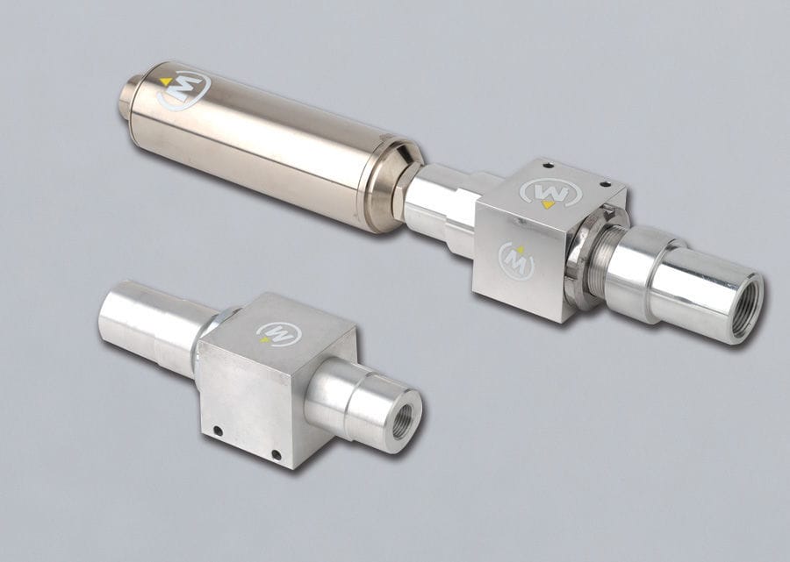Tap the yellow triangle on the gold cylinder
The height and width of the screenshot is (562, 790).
(166, 82)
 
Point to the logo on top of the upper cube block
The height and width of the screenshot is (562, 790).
(551, 193)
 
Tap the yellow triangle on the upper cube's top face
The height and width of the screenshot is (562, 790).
(548, 204)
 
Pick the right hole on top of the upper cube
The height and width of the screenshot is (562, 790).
(607, 183)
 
